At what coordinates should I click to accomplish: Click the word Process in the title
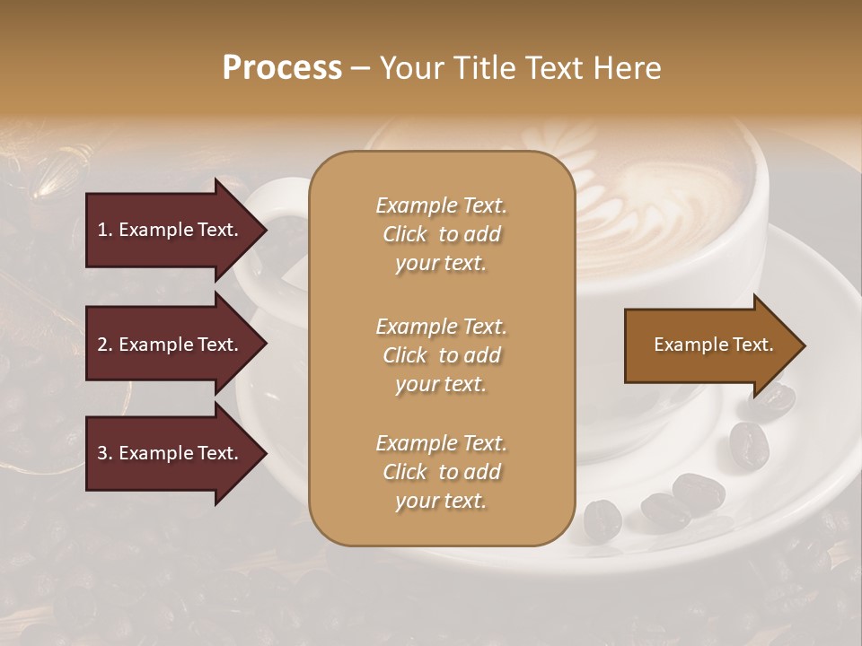pyautogui.click(x=282, y=68)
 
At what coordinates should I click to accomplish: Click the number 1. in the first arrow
pyautogui.click(x=105, y=230)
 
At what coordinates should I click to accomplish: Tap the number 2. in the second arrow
pyautogui.click(x=105, y=345)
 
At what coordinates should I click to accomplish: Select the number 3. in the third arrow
pyautogui.click(x=105, y=453)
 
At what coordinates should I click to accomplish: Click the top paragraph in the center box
pyautogui.click(x=441, y=234)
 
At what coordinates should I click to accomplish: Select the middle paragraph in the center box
pyautogui.click(x=441, y=355)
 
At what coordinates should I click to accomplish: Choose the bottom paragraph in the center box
pyautogui.click(x=441, y=472)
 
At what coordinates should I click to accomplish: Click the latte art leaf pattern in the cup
pyautogui.click(x=620, y=197)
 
